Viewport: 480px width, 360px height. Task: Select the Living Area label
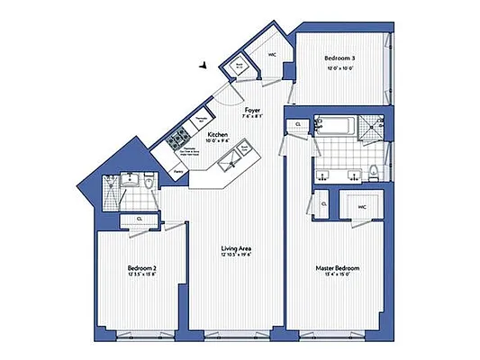(237, 248)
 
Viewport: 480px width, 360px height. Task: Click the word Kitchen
(218, 134)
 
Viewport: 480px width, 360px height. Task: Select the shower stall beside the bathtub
(369, 127)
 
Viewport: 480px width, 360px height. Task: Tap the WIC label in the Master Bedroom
(363, 206)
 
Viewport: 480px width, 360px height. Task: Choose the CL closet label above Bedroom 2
(139, 219)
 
